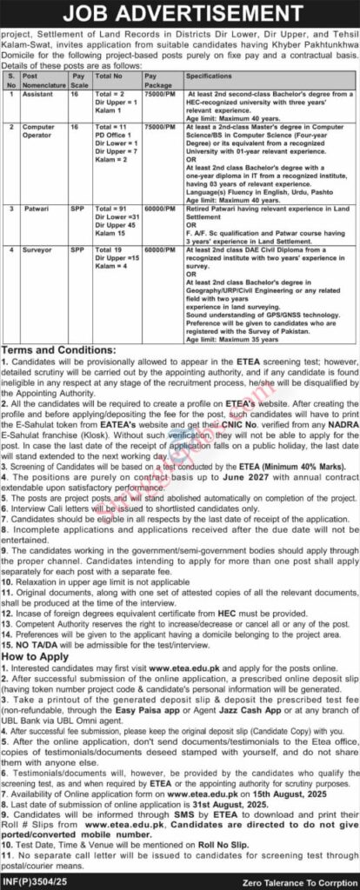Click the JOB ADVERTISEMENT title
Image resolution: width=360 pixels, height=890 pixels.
pyautogui.click(x=180, y=14)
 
